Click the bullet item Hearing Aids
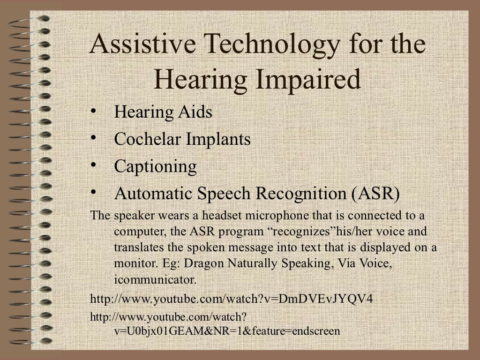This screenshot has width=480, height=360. click(163, 112)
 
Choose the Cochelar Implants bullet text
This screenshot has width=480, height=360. click(182, 139)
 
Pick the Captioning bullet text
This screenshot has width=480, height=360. click(155, 166)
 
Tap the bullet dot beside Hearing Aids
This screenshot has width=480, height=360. click(94, 112)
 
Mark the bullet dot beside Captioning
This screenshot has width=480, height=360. click(94, 165)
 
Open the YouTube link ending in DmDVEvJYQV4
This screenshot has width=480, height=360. click(231, 299)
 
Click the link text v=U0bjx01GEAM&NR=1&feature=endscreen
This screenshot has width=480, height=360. click(226, 331)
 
